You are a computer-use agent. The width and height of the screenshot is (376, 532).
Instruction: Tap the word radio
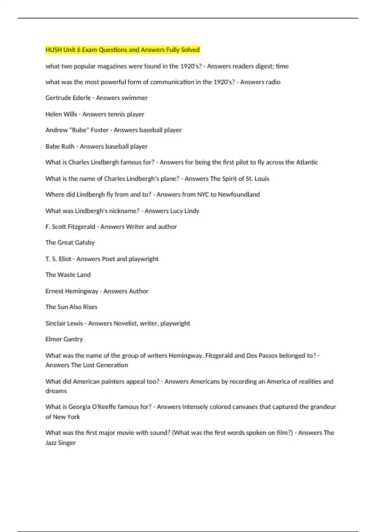pos(273,82)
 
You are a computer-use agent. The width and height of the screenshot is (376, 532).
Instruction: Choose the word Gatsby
pos(85,243)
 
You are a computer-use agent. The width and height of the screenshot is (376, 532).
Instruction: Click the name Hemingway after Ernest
pos(82,291)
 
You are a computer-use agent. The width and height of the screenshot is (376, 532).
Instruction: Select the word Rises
pos(90,307)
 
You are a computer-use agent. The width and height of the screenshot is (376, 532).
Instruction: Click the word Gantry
pos(73,339)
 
